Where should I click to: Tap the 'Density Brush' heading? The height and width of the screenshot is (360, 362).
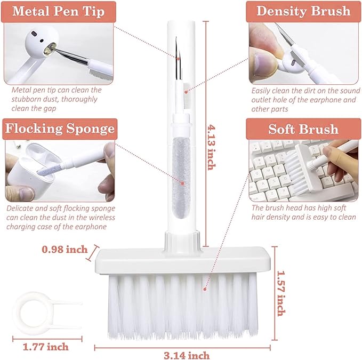[x=303, y=11]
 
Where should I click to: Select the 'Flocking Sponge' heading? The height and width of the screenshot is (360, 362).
[x=59, y=129]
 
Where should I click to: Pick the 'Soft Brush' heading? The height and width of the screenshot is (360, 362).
[x=303, y=129]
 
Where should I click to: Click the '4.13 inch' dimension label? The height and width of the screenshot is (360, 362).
[x=211, y=147]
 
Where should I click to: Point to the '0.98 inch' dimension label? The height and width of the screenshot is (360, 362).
[x=65, y=249]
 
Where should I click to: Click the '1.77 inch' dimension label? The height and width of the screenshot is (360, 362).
[x=45, y=347]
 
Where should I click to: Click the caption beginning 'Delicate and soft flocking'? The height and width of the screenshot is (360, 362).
[x=61, y=218]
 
